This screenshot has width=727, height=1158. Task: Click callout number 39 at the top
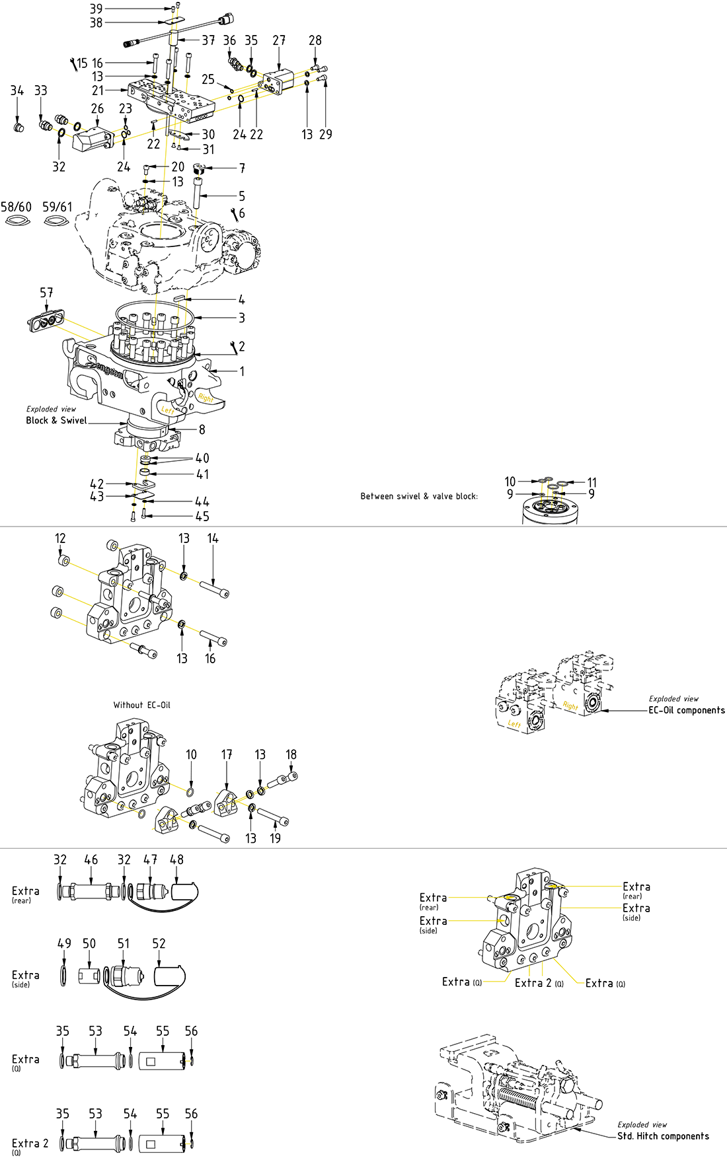(96, 9)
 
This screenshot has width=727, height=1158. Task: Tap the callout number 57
(46, 292)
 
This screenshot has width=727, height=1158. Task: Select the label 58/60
(16, 207)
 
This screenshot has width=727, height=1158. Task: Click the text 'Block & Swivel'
(56, 420)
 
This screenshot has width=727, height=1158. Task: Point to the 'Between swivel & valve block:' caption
(419, 496)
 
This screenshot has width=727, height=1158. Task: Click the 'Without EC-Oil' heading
(141, 705)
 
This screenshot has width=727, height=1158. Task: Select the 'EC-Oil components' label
(686, 710)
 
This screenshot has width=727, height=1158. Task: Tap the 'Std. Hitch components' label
(663, 1136)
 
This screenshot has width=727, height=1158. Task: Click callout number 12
(60, 538)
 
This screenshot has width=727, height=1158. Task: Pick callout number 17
(227, 754)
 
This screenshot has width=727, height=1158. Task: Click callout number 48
(176, 859)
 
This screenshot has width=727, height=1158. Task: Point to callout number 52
(159, 943)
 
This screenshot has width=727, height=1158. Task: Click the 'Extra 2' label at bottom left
(30, 1143)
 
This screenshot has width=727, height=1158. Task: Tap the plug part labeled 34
(19, 125)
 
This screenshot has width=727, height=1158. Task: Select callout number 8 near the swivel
(202, 429)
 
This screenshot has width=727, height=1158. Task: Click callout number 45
(202, 517)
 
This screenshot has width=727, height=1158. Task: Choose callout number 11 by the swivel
(592, 483)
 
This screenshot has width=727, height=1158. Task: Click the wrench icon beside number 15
(73, 63)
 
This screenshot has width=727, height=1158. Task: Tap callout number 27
(279, 40)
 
